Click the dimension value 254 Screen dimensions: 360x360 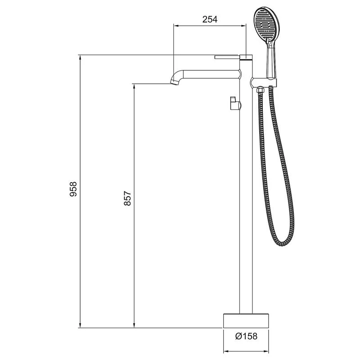point(210,19)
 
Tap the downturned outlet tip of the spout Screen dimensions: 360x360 point(173,81)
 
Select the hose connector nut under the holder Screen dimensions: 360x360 point(260,90)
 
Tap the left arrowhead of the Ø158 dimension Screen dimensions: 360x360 point(226,351)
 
